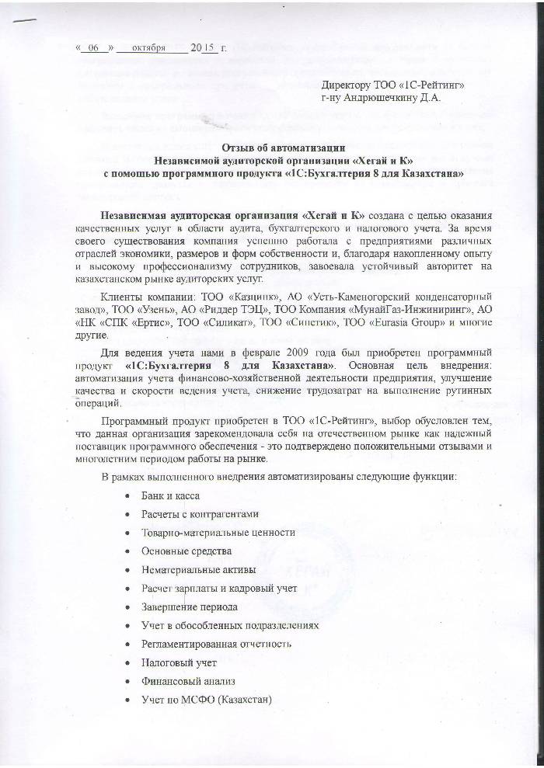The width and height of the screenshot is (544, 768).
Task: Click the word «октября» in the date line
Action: [x=149, y=48]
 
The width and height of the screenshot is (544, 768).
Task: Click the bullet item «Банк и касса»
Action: [x=170, y=495]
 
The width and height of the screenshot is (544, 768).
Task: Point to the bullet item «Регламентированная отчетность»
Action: [x=216, y=644]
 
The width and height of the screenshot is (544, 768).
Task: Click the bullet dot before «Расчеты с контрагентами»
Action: [x=127, y=514]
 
